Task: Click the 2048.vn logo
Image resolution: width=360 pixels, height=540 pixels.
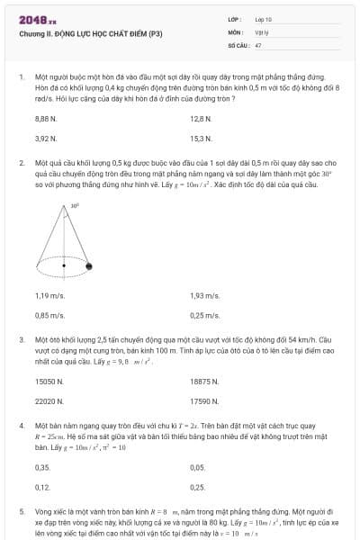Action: (x=37, y=20)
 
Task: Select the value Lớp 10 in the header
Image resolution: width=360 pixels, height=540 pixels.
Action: (x=264, y=19)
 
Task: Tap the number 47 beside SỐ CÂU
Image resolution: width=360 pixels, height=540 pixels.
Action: (x=258, y=44)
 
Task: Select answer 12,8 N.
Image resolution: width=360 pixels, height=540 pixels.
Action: (x=200, y=119)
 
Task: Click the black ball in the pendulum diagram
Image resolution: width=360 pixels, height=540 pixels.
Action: (x=89, y=265)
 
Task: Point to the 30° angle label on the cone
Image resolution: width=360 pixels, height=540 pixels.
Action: (x=75, y=205)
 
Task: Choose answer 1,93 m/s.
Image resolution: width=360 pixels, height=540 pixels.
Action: (x=204, y=295)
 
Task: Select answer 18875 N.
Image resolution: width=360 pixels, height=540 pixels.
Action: (x=204, y=382)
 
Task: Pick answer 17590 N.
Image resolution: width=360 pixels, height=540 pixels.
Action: (x=204, y=401)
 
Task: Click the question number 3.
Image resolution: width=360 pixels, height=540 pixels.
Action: (x=22, y=340)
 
